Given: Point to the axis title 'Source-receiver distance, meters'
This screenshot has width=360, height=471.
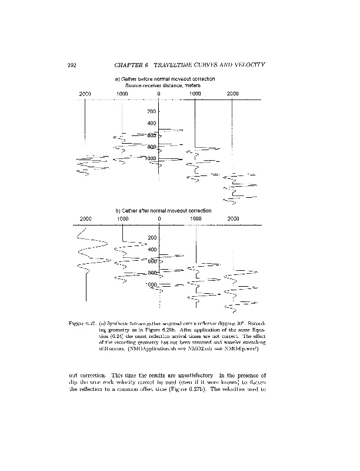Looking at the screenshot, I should click(163, 85).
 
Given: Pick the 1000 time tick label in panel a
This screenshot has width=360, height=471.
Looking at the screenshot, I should click(150, 158).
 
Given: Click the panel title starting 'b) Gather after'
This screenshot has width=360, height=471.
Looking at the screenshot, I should click(163, 210).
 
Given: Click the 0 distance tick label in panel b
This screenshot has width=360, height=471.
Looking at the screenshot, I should click(159, 218).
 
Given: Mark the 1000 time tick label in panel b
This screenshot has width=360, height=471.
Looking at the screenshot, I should click(150, 284).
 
